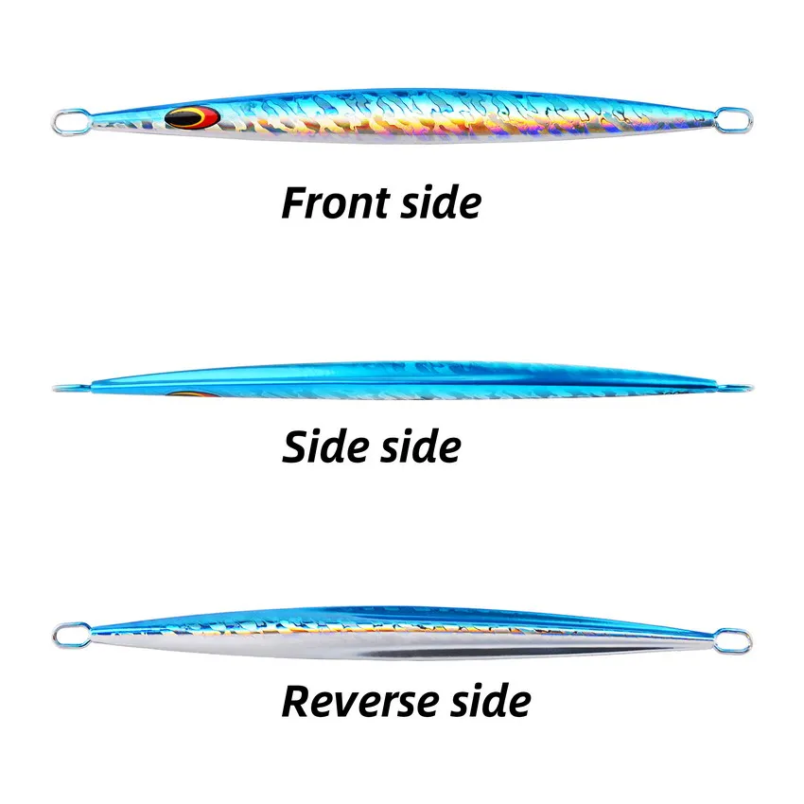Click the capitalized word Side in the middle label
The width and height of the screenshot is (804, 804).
(324, 446)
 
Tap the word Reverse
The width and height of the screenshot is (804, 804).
(360, 702)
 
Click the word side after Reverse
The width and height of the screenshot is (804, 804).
(490, 702)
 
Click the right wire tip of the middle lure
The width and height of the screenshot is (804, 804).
(745, 388)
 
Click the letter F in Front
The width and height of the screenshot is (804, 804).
(294, 203)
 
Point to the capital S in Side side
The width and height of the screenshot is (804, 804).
(295, 446)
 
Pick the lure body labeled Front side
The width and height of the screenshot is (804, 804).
(407, 118)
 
